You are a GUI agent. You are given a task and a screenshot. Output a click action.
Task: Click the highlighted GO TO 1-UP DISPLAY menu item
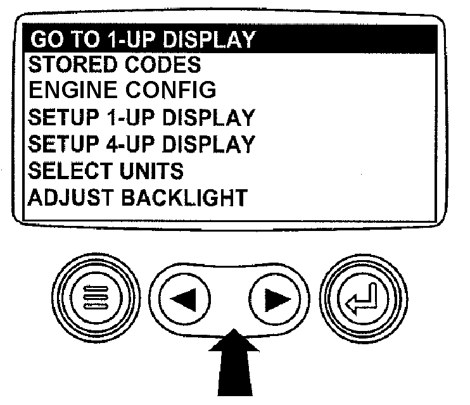(143, 39)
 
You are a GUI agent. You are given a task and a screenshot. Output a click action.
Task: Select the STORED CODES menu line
(115, 65)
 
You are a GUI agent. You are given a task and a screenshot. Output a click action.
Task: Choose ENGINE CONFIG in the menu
(122, 90)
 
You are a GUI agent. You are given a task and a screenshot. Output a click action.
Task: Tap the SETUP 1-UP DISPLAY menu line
(141, 117)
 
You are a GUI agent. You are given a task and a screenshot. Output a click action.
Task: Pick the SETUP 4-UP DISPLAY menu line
(141, 144)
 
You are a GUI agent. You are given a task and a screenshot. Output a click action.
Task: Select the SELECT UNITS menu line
(106, 171)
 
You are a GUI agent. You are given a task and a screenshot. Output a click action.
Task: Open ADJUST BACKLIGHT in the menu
(138, 197)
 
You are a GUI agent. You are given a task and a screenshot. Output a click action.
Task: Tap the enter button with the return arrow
(364, 299)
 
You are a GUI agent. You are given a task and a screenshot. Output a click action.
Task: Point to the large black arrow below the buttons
(235, 363)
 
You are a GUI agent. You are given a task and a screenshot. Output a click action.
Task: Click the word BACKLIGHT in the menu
(184, 197)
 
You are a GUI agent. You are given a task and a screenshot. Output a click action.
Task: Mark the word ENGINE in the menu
(73, 90)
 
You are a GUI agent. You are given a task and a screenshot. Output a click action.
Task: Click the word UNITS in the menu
(151, 171)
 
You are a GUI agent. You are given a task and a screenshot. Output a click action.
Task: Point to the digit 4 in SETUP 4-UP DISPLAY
(111, 144)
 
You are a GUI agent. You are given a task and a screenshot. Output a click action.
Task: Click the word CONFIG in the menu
(170, 90)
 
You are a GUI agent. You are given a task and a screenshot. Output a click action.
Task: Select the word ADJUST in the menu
(70, 197)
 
